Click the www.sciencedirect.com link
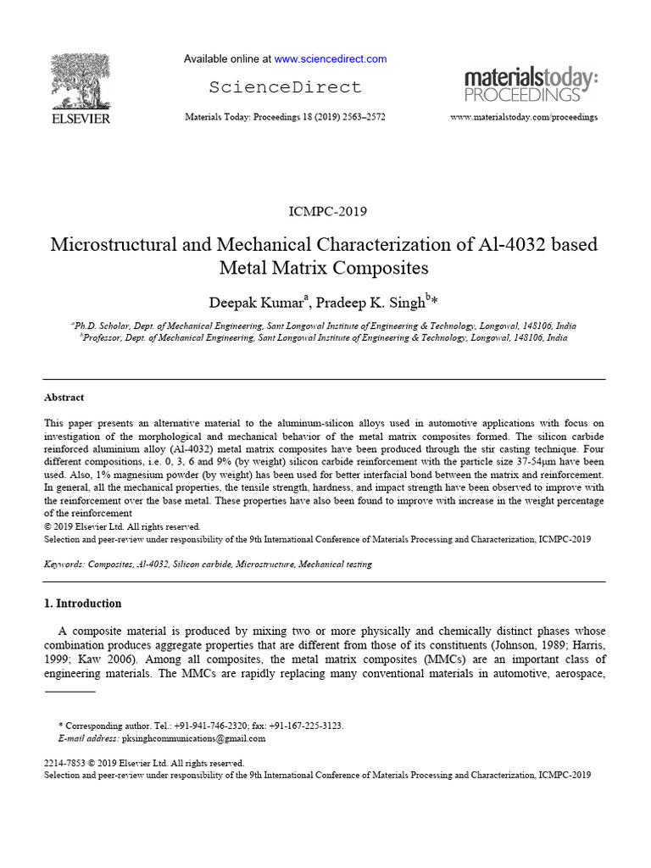[331, 59]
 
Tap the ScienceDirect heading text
[285, 87]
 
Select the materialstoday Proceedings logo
[531, 86]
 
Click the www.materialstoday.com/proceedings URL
[523, 117]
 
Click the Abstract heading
[64, 398]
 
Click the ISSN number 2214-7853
[64, 763]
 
